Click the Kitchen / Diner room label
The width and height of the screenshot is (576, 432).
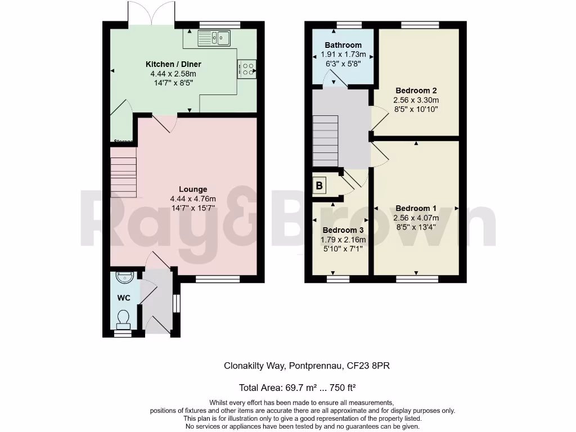pos(173,64)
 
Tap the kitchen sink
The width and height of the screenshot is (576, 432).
pos(214,38)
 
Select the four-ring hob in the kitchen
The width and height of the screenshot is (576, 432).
pos(247,68)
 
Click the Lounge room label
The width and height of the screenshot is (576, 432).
pos(193,189)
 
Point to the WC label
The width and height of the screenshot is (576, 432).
pos(124,298)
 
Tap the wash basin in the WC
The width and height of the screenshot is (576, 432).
pos(123,277)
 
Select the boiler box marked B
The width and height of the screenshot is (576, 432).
pos(319,185)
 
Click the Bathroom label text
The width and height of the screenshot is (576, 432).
pos(343,45)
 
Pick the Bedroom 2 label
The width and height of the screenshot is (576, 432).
pos(416,91)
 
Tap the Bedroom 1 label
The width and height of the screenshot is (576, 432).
pos(416,208)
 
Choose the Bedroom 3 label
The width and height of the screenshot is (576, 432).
pos(343,230)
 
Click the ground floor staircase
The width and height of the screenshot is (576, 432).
pos(124,177)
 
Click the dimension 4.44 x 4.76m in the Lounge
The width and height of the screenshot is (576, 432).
pos(193,199)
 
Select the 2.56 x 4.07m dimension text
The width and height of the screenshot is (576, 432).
pos(416,218)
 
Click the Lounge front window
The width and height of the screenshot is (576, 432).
pos(218,278)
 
